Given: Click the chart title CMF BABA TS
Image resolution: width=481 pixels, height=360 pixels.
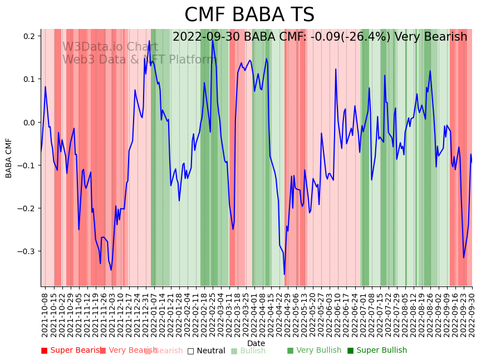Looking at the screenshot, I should pos(249,15).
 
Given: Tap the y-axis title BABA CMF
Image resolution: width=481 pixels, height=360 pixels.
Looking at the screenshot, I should pos(9,158).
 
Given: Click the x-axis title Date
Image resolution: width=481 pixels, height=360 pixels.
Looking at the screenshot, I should pos(256,343).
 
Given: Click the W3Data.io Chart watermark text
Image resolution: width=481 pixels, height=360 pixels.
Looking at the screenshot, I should pos(110,47).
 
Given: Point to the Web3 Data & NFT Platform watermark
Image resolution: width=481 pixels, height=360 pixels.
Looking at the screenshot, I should pos(139,60).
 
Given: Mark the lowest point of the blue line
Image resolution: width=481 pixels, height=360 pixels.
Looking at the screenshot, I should pos(284,274).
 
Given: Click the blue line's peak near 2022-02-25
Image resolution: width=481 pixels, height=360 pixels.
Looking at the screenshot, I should pos(213,40).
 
